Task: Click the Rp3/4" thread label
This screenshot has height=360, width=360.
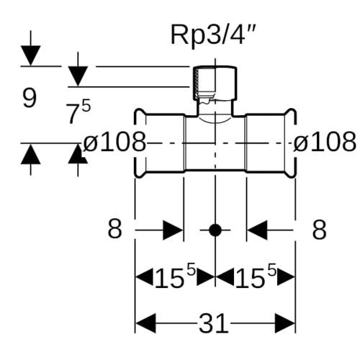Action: point(212,36)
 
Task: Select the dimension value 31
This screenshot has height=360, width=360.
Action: point(213,323)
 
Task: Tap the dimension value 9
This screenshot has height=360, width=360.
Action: point(30,98)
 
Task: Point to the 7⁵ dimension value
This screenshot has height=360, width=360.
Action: point(78,112)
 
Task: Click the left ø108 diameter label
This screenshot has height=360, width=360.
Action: point(114,142)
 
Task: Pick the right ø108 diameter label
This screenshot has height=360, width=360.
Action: point(325,142)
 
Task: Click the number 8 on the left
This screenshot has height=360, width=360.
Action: point(114,229)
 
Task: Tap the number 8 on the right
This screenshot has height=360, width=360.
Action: point(320,229)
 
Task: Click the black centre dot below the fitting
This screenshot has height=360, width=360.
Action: point(215,230)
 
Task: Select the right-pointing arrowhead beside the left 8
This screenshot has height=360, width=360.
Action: point(173,230)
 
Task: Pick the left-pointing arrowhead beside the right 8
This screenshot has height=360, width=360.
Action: point(257,230)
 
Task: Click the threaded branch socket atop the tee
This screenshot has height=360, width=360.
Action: point(215,84)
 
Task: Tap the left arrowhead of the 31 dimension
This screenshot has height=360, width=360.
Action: point(145,323)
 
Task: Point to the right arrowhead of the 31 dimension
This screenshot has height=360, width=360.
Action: point(284,323)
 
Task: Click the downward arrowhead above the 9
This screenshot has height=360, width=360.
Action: point(30,55)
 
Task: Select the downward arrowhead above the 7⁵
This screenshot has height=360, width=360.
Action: point(78,76)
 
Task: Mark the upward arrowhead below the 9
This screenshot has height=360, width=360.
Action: point(30,154)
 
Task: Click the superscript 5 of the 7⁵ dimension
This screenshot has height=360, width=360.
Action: point(86,106)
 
